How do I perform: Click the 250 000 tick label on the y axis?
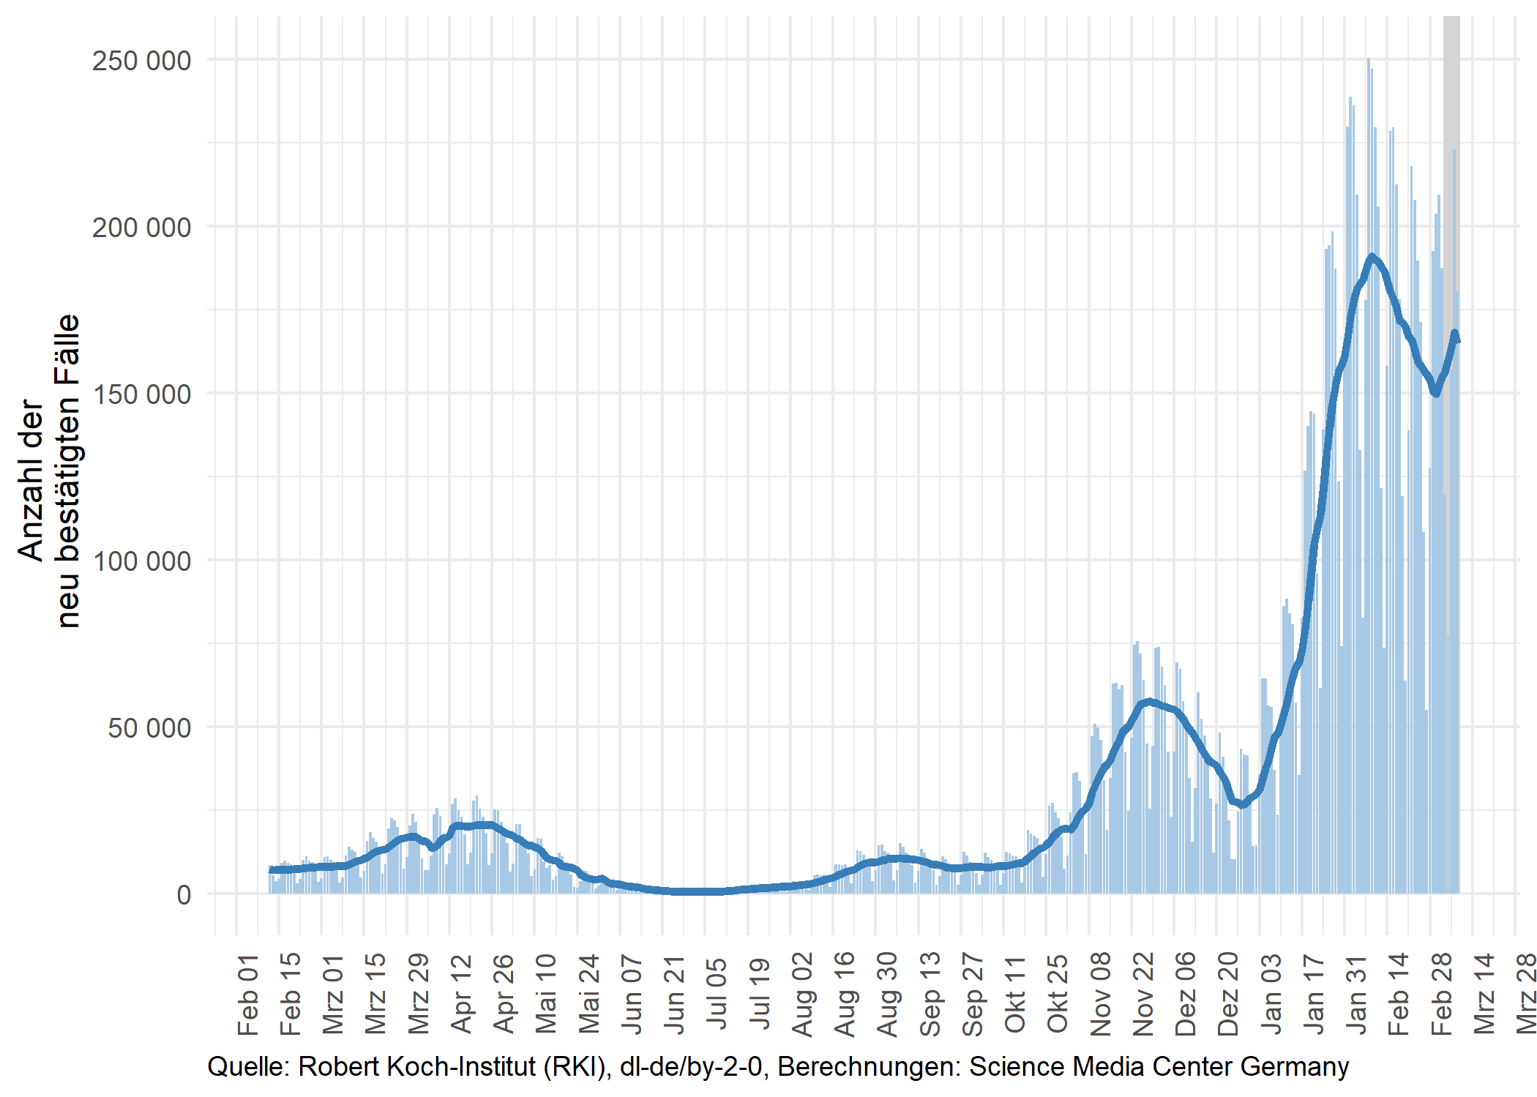click(x=141, y=61)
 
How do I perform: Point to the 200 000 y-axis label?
click(x=141, y=228)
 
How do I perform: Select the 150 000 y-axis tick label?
click(x=141, y=394)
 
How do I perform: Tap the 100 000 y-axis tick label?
click(x=141, y=561)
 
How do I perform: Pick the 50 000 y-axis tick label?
click(x=149, y=728)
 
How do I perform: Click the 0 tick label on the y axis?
click(x=183, y=895)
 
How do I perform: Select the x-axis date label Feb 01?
click(x=248, y=995)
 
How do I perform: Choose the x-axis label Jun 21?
click(x=674, y=995)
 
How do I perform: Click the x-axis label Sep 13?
click(x=930, y=995)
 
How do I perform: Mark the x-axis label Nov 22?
click(x=1143, y=995)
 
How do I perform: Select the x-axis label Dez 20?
click(x=1227, y=995)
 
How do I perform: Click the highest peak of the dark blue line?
click(x=1372, y=257)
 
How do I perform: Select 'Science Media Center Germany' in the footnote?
click(x=1159, y=1067)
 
